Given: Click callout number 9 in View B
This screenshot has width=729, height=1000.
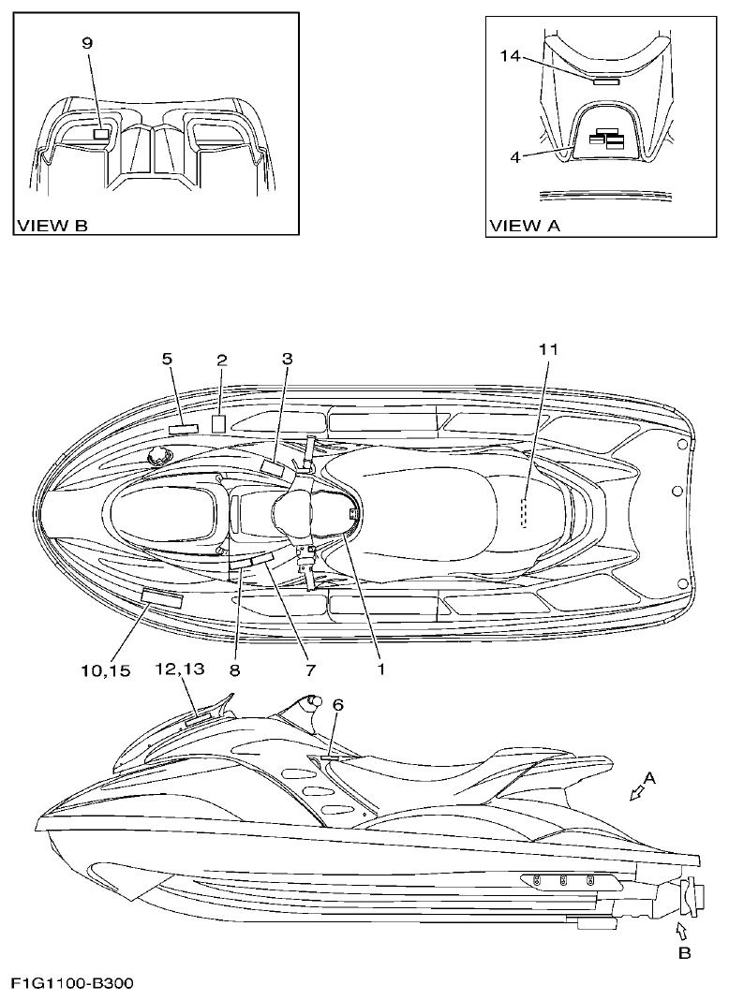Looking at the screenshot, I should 88,43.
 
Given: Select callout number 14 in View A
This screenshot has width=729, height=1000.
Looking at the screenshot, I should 510,56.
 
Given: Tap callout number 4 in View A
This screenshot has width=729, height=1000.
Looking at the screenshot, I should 515,156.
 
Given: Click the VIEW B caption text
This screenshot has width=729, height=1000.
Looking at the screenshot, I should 52,226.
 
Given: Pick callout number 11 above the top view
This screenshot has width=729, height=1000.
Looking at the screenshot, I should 548,349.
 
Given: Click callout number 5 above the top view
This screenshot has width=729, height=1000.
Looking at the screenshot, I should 168,359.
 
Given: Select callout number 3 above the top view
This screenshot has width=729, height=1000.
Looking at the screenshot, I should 288,359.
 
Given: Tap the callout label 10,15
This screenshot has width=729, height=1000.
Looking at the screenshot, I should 106,670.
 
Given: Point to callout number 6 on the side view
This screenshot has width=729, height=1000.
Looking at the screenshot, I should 339,709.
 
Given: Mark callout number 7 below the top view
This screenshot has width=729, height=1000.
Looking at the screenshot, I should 309,670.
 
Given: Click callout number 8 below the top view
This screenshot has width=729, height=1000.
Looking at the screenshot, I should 235,670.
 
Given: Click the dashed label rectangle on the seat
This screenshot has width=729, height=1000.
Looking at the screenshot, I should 526,513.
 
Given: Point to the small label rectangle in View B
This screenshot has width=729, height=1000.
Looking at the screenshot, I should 101,134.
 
